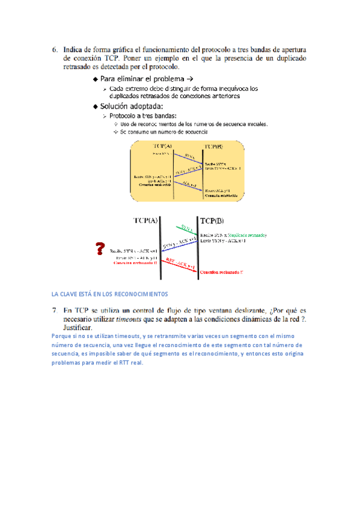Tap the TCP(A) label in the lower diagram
pyautogui.click(x=145, y=220)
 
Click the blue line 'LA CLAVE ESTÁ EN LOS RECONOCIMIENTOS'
pyautogui.click(x=109, y=294)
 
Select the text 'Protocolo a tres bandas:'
pyautogui.click(x=142, y=115)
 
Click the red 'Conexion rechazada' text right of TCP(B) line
pyautogui.click(x=222, y=272)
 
